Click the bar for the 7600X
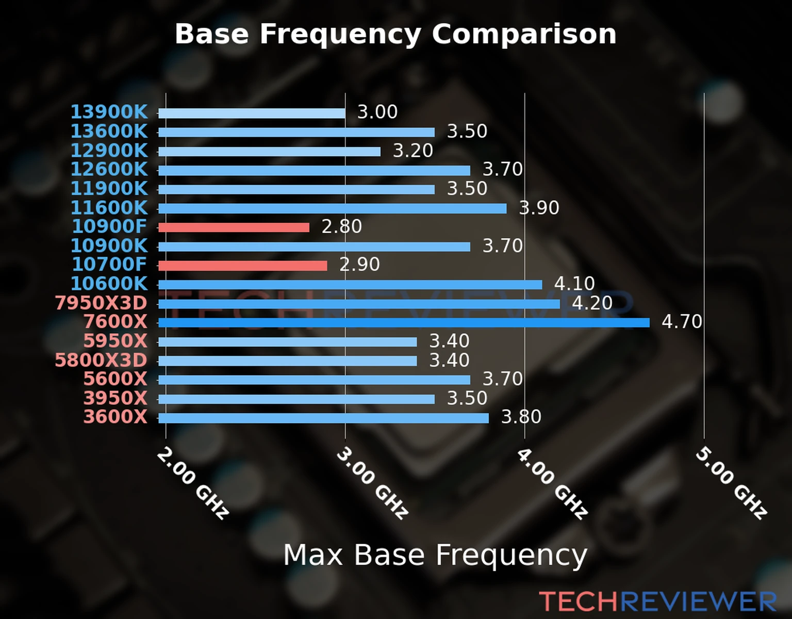pos(404,323)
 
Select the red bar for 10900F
pos(234,227)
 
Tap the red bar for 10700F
pos(242,266)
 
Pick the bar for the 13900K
pos(252,113)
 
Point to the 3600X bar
pos(323,418)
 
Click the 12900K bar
pos(269,152)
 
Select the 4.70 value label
pos(682,322)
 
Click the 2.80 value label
pos(342,226)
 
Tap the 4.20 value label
pos(592,303)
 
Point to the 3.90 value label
pos(539,208)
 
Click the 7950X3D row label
pos(101,303)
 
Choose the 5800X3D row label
pos(101,360)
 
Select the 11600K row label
pos(109,208)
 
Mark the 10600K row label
pos(109,284)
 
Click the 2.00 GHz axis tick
pos(193,483)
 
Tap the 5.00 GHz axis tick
pos(731,483)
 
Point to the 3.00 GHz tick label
pos(372,483)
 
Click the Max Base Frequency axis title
pos(435,555)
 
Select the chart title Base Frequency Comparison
pos(395,34)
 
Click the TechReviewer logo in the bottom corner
pos(657,601)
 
